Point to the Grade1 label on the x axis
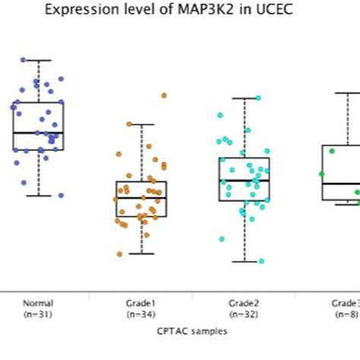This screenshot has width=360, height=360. [141, 302]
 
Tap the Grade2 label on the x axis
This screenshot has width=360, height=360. [245, 302]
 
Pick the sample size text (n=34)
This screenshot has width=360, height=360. [141, 313]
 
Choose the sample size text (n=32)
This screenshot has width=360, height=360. [245, 313]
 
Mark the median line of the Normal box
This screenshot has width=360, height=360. [38, 133]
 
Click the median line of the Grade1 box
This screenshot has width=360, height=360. [141, 197]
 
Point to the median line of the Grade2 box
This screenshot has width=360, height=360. [245, 181]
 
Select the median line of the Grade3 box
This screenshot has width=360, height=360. [340, 184]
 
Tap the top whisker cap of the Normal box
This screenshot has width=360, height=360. [38, 60]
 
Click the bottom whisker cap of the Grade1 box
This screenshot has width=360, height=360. [141, 254]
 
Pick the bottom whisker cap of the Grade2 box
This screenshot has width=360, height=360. [245, 261]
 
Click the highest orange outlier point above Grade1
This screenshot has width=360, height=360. [163, 96]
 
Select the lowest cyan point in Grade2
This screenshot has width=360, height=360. [261, 261]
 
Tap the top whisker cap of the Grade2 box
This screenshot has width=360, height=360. [245, 98]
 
